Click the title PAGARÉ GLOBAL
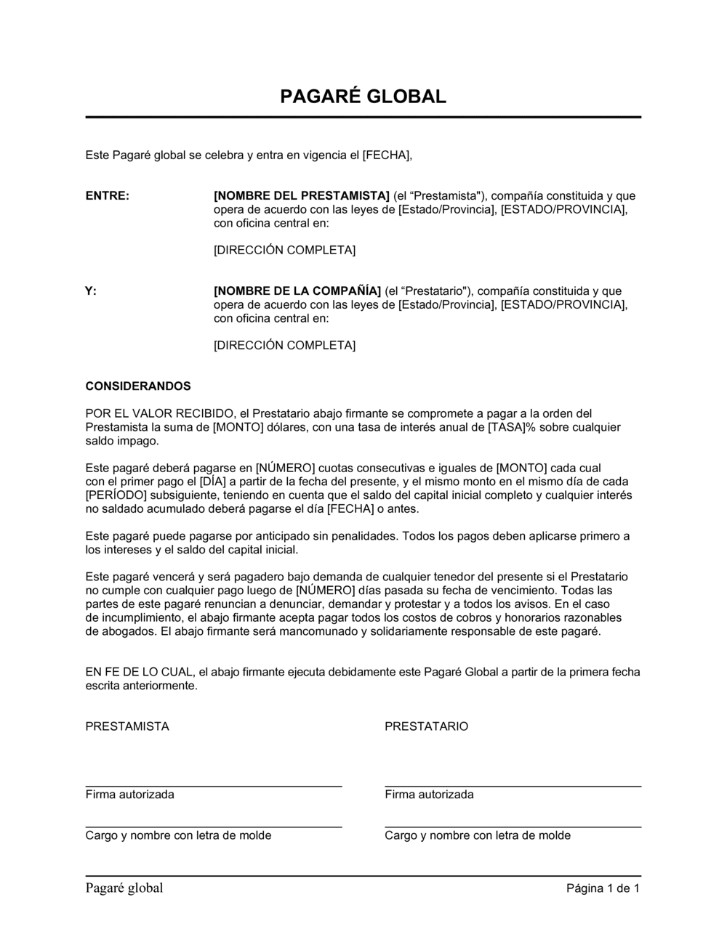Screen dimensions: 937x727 pyautogui.click(x=363, y=97)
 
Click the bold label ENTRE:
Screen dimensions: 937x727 pyautogui.click(x=107, y=195)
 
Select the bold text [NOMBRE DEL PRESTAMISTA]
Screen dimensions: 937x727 pyautogui.click(x=302, y=195)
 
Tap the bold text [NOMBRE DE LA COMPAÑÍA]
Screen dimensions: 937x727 pyautogui.click(x=297, y=291)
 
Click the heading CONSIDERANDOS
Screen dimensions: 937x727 pyautogui.click(x=138, y=386)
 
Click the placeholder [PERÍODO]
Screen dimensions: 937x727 pyautogui.click(x=116, y=495)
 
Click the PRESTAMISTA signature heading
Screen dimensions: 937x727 pyautogui.click(x=127, y=726)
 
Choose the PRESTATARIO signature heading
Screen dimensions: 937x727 pyautogui.click(x=427, y=726)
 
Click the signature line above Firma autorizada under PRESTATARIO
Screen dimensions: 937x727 pyautogui.click(x=513, y=786)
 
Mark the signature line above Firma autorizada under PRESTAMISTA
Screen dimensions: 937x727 pyautogui.click(x=214, y=786)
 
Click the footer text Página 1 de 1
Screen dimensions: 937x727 pyautogui.click(x=603, y=888)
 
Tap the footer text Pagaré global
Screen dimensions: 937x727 pyautogui.click(x=124, y=888)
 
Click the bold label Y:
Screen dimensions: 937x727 pyautogui.click(x=91, y=291)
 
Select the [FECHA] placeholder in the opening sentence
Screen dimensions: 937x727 pyautogui.click(x=387, y=155)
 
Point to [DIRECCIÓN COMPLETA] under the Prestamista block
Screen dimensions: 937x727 pyautogui.click(x=284, y=250)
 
